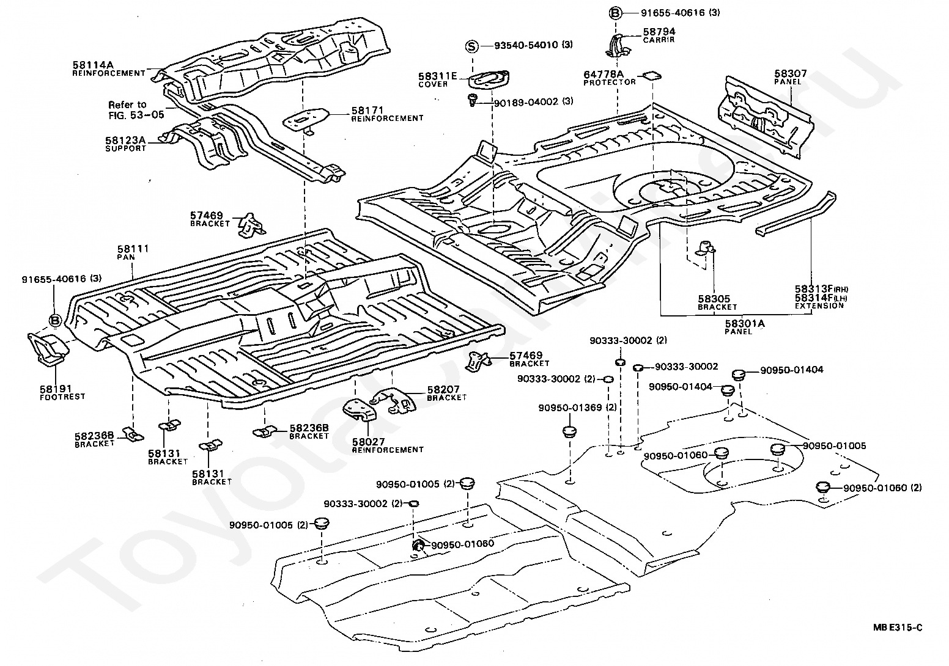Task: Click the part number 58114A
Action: coord(93,65)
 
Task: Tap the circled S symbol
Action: coord(472,46)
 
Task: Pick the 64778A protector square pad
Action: coord(652,76)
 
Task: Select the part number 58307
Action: coord(791,73)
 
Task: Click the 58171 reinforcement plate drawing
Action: coord(306,120)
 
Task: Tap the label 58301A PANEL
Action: coord(745,328)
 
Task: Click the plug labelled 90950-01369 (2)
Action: coord(570,431)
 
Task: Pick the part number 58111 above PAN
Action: coord(133,249)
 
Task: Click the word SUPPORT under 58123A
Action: coord(126,148)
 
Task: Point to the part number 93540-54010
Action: coord(526,45)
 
